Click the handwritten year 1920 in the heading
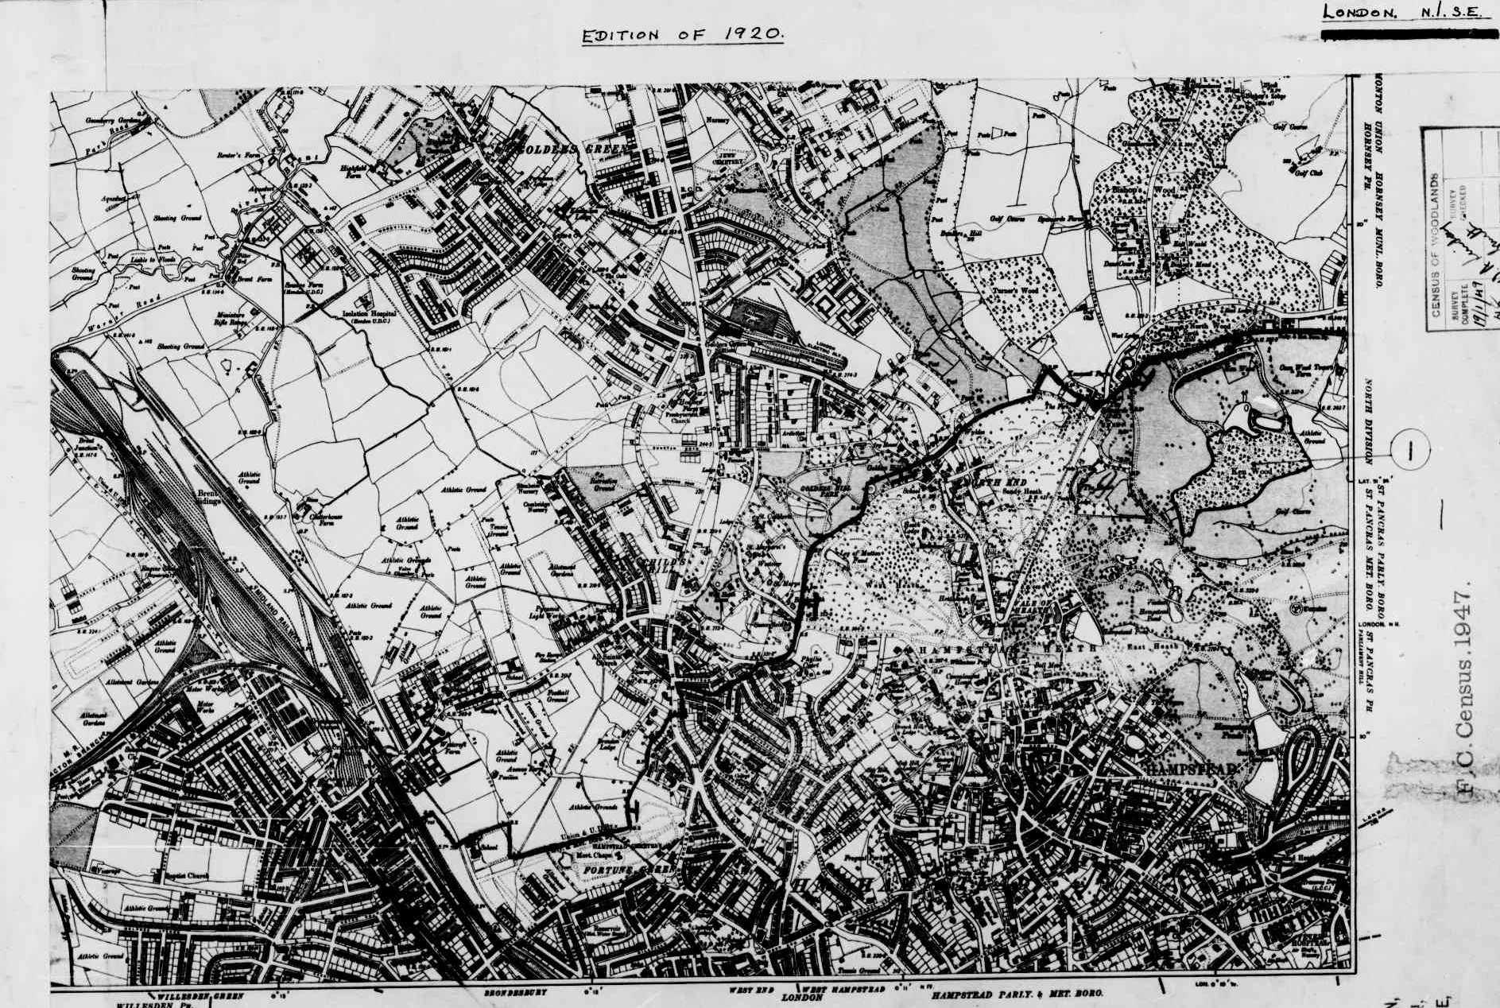753,34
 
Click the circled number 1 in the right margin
1410,452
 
